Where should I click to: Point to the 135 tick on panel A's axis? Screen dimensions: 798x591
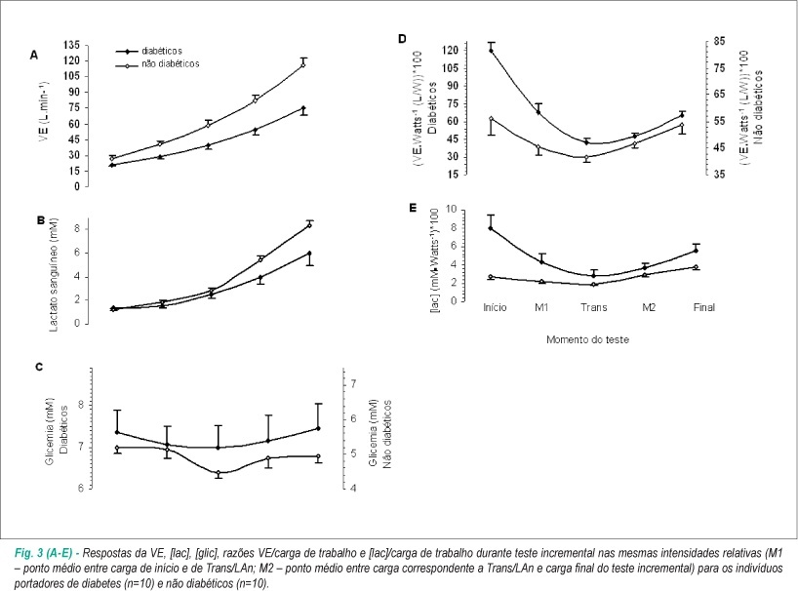(72, 45)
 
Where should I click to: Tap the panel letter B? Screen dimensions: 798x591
(41, 220)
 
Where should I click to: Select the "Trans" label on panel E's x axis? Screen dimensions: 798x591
(594, 307)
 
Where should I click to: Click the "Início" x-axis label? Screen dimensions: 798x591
(495, 307)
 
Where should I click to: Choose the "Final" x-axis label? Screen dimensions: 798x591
(703, 307)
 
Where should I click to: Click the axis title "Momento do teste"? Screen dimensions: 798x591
(587, 339)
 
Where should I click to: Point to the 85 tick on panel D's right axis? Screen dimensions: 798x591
(719, 41)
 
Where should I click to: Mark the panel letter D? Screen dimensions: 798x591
(403, 39)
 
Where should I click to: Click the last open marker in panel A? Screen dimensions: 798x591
(303, 65)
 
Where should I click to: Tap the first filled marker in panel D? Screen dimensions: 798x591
(491, 51)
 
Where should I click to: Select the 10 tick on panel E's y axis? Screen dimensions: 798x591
(451, 209)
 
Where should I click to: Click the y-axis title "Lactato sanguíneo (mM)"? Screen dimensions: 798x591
(54, 275)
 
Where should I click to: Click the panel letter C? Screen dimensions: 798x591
(39, 368)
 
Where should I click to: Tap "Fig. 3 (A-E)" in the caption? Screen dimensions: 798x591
(43, 553)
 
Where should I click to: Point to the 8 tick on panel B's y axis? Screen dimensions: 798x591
(77, 229)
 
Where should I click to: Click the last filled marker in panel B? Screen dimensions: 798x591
(309, 253)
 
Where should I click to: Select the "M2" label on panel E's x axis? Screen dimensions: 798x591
(649, 307)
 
